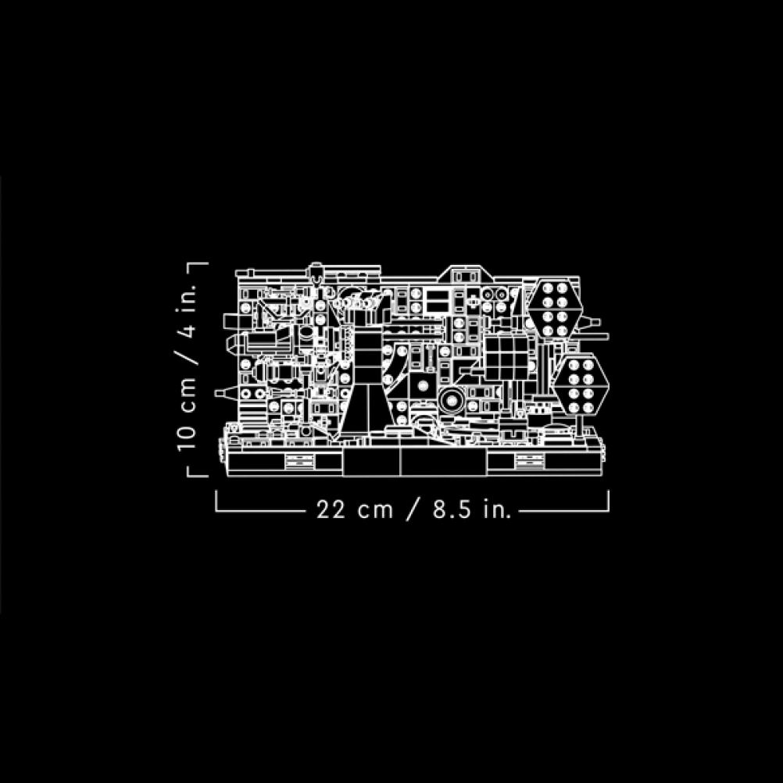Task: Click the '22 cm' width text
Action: pos(355,509)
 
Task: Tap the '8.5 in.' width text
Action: pos(473,509)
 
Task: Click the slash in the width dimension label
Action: pos(413,509)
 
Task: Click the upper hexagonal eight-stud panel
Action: pos(556,309)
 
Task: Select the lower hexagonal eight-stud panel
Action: pos(581,386)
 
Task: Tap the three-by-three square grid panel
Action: pos(507,359)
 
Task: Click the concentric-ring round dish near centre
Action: pos(452,401)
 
